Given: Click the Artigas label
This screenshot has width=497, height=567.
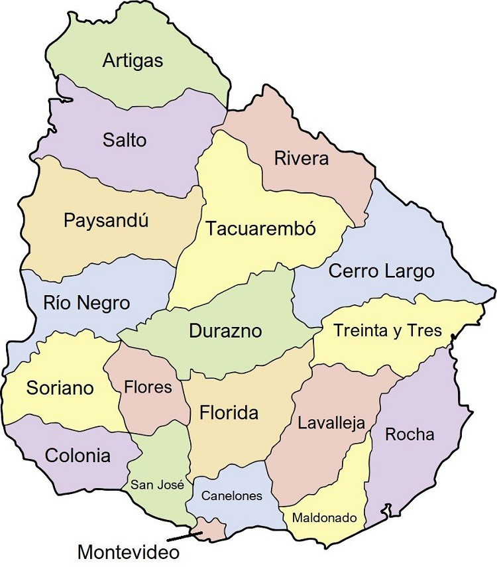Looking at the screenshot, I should click(133, 61).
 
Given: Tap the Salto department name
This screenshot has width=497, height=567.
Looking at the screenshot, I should click(125, 141).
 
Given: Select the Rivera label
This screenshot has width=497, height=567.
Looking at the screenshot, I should click(301, 159).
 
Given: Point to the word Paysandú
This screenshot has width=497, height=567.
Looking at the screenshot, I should click(106, 221).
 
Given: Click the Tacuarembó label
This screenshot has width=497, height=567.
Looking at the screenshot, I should click(260, 229).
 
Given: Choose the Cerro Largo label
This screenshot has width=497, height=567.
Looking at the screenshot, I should click(381, 271).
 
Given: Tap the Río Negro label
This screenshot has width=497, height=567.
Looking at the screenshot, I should click(86, 304).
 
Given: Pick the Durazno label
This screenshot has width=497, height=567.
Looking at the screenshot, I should click(225, 331).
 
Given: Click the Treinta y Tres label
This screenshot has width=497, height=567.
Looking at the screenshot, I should click(388, 330).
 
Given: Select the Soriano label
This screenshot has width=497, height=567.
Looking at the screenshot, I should click(60, 388).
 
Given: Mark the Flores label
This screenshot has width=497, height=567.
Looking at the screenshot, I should click(148, 387).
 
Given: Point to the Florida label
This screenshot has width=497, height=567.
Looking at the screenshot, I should click(229, 414).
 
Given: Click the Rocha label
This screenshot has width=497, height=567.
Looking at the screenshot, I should click(410, 434).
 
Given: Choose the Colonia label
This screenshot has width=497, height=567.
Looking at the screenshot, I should click(78, 456).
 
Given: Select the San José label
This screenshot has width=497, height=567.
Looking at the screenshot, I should click(156, 485).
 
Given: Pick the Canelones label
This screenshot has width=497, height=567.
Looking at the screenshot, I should click(232, 495).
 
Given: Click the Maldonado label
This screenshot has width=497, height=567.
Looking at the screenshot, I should click(325, 517).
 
